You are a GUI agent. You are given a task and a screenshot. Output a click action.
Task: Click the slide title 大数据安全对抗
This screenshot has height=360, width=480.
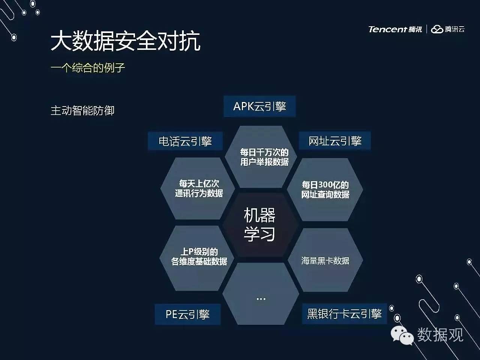(125, 41)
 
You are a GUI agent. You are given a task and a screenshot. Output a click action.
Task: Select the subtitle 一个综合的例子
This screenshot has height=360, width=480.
(88, 67)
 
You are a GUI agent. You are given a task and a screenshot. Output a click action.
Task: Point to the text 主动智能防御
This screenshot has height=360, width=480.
(82, 110)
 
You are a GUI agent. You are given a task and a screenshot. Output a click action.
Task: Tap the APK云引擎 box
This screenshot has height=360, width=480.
(259, 106)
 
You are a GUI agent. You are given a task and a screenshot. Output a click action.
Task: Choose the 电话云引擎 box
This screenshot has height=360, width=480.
(185, 141)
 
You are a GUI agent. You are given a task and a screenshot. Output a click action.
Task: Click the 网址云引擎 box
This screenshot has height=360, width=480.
(335, 141)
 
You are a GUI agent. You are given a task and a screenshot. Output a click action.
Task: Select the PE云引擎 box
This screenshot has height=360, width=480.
(187, 314)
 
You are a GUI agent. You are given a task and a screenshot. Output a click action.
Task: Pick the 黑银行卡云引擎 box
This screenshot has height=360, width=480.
(344, 313)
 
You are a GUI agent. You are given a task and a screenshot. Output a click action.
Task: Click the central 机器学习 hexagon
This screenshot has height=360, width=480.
(260, 225)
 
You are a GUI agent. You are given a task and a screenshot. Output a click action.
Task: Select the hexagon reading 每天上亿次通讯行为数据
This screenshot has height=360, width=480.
(198, 188)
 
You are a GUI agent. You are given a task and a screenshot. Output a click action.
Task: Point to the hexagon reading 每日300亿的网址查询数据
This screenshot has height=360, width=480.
(325, 189)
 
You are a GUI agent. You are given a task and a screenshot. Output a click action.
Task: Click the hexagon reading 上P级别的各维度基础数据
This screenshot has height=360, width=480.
(197, 258)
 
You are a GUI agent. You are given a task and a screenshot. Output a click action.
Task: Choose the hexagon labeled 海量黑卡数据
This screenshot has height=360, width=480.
(325, 260)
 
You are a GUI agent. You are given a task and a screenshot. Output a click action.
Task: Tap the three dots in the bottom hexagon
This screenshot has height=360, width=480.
(261, 299)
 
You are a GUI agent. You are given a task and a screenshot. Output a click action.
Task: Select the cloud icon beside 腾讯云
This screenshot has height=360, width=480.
(437, 30)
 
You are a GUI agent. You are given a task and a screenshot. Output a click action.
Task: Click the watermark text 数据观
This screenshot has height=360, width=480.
(440, 334)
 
